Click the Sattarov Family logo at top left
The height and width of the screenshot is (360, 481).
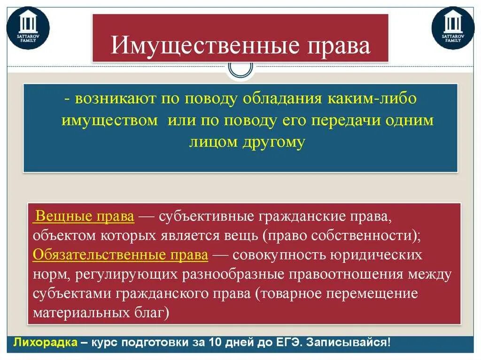coord(28,28)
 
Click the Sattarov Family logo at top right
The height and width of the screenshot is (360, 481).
coord(453,28)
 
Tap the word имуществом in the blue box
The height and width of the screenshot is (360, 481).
coord(110,120)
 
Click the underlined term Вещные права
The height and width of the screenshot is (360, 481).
coord(85,217)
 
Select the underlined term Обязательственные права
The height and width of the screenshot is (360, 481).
coord(121,255)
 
